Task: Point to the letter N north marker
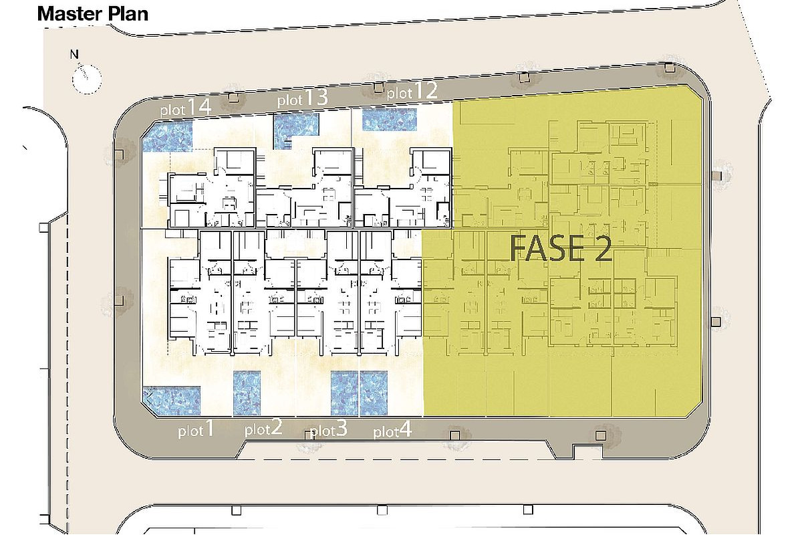pyautogui.click(x=74, y=55)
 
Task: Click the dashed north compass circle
pyautogui.click(x=87, y=79)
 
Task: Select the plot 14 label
pyautogui.click(x=186, y=108)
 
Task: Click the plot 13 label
pyautogui.click(x=303, y=98)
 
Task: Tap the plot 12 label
pyautogui.click(x=412, y=92)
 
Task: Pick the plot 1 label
pyautogui.click(x=196, y=429)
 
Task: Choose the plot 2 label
pyautogui.click(x=263, y=427)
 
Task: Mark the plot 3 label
pyautogui.click(x=329, y=428)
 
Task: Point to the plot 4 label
pyautogui.click(x=392, y=429)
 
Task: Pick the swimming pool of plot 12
pyautogui.click(x=390, y=120)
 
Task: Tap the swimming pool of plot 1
pyautogui.click(x=171, y=401)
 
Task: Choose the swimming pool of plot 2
pyautogui.click(x=247, y=393)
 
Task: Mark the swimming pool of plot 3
pyautogui.click(x=344, y=393)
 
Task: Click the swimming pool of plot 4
pyautogui.click(x=374, y=393)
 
